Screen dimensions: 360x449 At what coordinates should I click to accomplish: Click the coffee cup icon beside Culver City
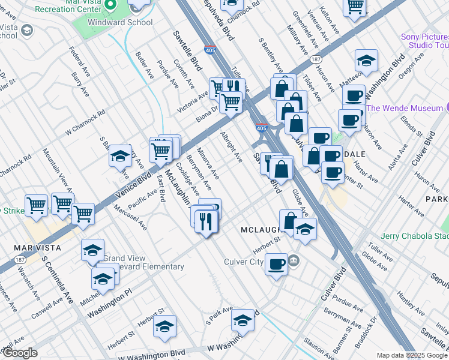[277, 264]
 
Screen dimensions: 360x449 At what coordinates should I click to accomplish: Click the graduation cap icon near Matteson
[366, 61]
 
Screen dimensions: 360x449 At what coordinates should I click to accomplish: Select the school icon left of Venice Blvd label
[120, 156]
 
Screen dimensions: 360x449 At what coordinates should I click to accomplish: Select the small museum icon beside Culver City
[294, 260]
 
